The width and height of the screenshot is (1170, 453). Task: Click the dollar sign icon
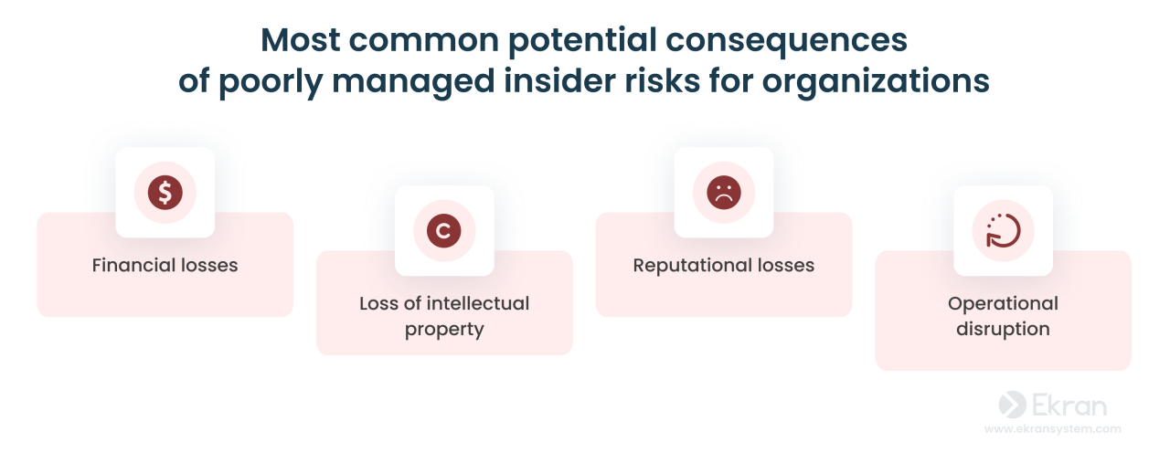click(x=165, y=193)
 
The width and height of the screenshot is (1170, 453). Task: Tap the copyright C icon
click(x=444, y=231)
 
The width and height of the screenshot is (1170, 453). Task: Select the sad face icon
click(x=724, y=193)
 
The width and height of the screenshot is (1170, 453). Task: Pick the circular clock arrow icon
click(x=1003, y=231)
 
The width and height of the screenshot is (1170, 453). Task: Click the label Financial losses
click(x=165, y=266)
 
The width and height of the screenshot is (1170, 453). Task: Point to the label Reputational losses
click(x=724, y=266)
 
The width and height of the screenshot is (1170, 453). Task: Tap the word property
click(x=444, y=329)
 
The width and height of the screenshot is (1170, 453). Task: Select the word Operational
click(x=1003, y=303)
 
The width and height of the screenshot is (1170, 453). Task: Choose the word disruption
click(x=1003, y=329)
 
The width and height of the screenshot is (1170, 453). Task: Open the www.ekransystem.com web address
click(x=1052, y=428)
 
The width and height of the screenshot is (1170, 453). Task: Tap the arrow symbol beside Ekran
click(x=1012, y=405)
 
